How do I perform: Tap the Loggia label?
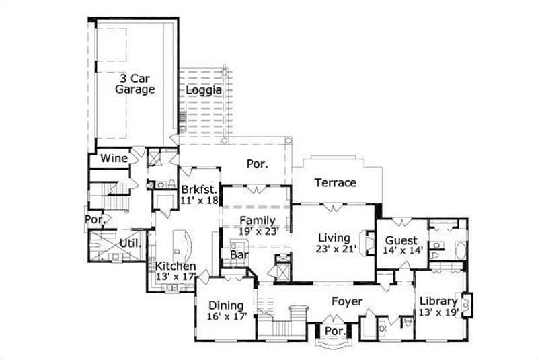tap(204, 90)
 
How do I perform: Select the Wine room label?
tap(114, 159)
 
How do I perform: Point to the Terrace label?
tap(336, 183)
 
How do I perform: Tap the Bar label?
tap(237, 256)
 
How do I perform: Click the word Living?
tap(334, 238)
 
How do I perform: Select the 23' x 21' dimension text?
tap(334, 249)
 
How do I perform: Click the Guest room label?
tap(401, 240)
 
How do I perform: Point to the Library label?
tap(438, 301)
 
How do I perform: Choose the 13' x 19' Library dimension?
tap(438, 312)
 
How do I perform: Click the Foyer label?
tap(347, 301)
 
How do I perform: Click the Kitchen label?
tap(176, 266)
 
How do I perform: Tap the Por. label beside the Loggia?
tap(257, 164)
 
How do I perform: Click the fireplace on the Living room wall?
tap(368, 240)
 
